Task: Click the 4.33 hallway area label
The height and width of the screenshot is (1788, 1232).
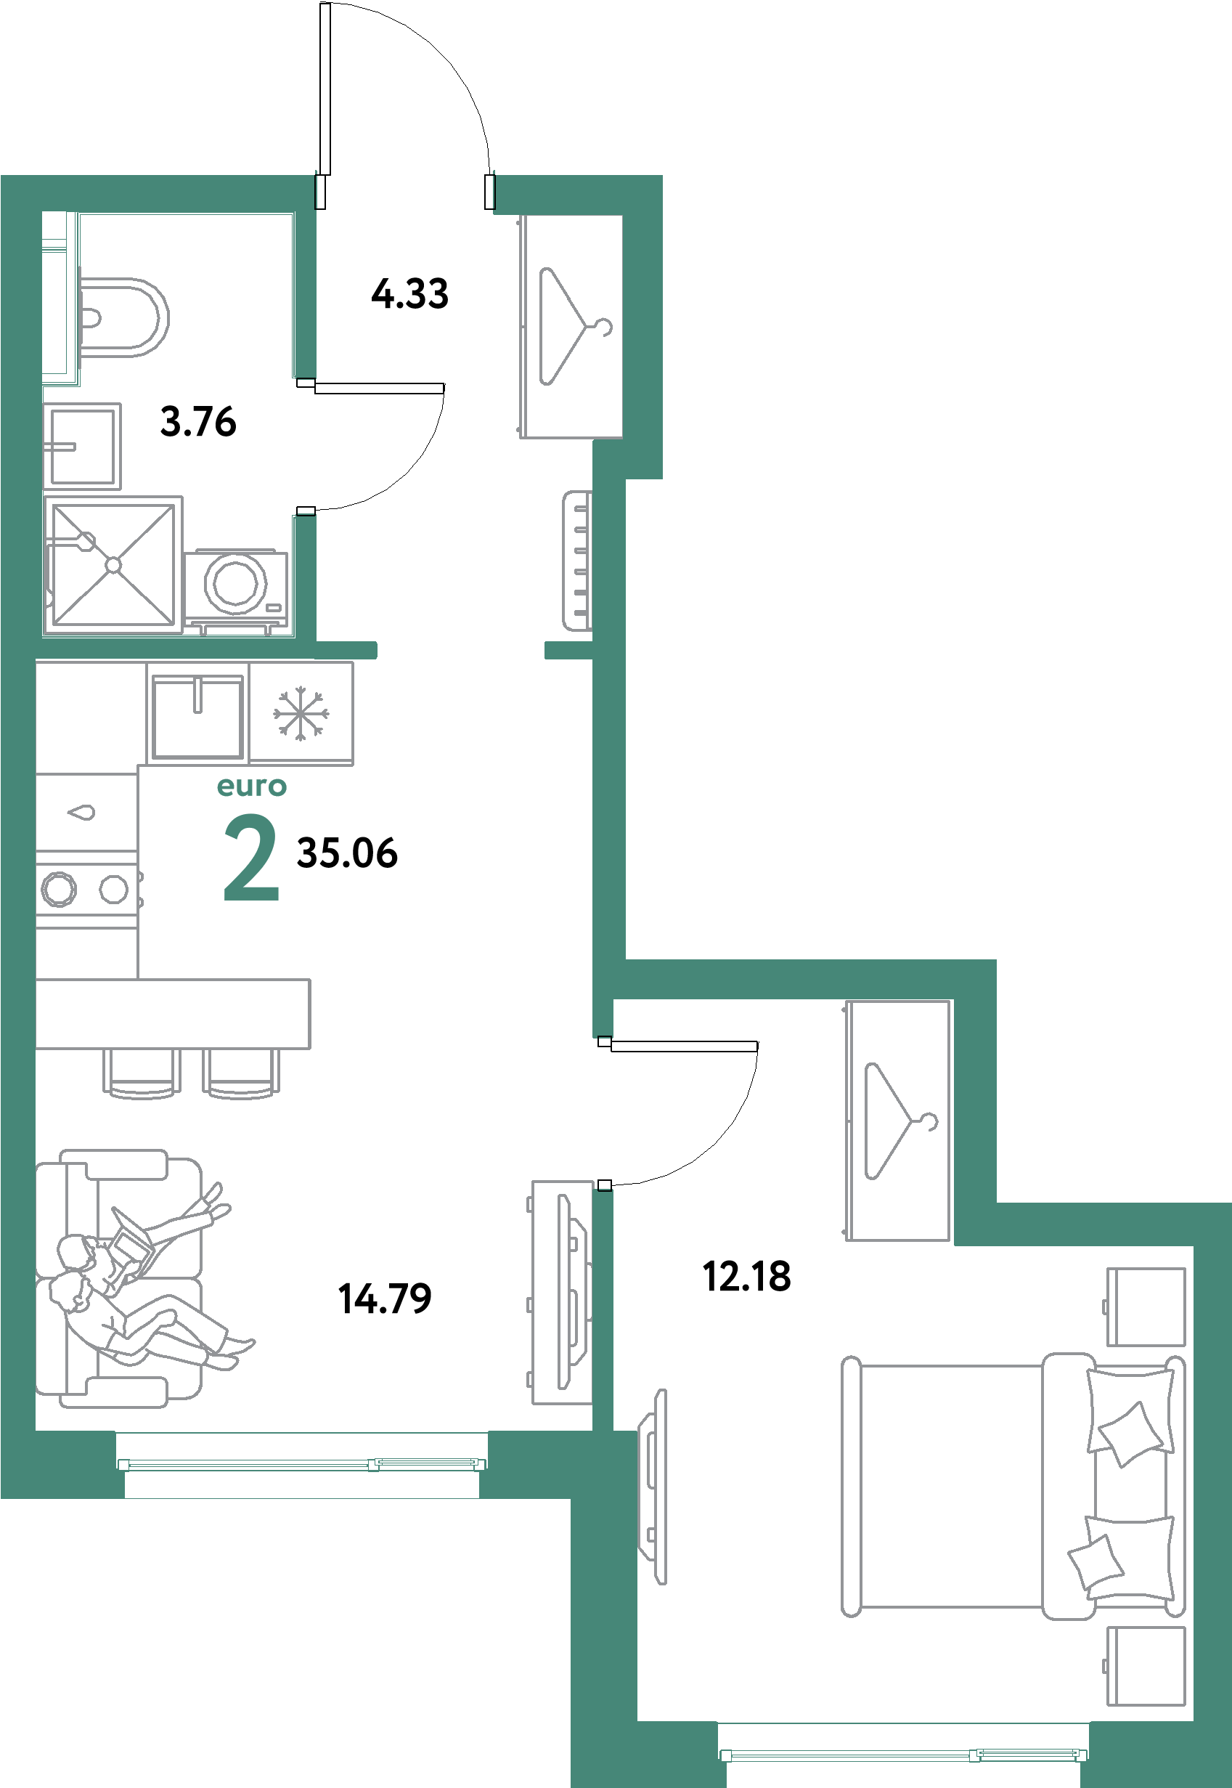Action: [x=410, y=294]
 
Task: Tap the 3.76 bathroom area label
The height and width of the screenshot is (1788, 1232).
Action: [x=198, y=422]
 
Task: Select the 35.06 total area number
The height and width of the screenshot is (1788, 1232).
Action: [x=347, y=853]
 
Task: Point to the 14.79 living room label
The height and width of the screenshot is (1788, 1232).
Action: [x=385, y=1299]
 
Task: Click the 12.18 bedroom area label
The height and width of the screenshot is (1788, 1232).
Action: [x=747, y=1276]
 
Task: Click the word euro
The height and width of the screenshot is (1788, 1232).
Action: [x=252, y=787]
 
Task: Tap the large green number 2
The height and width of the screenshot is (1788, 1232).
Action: [x=251, y=858]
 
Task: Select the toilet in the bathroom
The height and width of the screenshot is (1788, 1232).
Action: [x=123, y=317]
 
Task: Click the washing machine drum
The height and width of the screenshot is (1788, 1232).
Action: [x=235, y=583]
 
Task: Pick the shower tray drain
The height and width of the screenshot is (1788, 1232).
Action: [x=113, y=566]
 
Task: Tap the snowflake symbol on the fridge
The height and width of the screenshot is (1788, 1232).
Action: [x=301, y=713]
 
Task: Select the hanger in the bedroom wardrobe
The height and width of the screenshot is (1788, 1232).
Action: [x=901, y=1121]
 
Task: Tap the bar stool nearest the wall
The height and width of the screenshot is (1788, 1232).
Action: [x=142, y=1073]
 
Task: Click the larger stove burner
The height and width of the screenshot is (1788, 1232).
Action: [x=59, y=890]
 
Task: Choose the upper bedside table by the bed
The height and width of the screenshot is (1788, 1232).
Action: [x=1146, y=1307]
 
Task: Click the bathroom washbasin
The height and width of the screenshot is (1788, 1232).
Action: [x=82, y=446]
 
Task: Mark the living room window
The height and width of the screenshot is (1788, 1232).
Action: [x=302, y=1464]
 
